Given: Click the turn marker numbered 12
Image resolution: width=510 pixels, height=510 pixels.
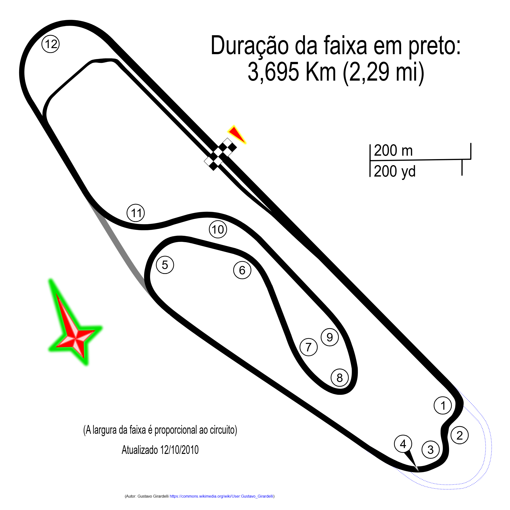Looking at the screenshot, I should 51,44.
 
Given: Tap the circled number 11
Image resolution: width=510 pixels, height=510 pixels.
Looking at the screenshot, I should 136,213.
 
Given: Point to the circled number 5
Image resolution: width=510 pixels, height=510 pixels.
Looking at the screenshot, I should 165,265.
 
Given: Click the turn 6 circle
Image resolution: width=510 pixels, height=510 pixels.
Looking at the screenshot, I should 242,270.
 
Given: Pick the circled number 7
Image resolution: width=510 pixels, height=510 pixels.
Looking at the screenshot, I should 308,347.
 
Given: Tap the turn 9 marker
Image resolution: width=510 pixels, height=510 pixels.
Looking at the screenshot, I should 330,337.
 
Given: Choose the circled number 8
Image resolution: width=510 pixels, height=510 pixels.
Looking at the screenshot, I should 340,378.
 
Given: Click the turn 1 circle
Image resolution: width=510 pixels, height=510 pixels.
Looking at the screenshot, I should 443,406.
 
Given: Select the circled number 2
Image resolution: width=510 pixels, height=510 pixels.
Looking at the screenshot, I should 459,435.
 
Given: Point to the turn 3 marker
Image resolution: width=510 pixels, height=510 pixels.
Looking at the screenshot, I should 430,450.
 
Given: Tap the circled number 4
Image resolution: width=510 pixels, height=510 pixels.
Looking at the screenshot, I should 403,444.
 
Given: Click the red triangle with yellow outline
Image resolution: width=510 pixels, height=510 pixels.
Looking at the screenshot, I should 237,135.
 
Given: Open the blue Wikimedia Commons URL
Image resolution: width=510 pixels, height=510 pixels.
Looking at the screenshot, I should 221,496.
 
